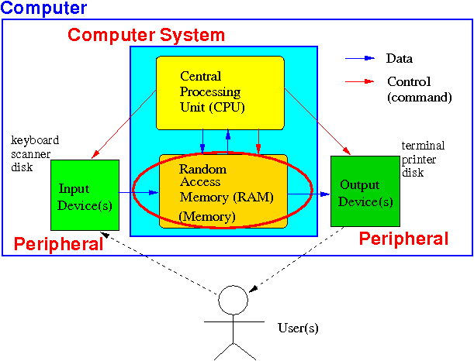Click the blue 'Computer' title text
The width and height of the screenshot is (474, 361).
click(x=44, y=9)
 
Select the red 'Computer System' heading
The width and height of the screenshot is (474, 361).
click(x=147, y=35)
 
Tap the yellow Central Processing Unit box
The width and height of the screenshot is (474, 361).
click(x=220, y=93)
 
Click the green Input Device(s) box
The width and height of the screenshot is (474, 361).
click(x=85, y=195)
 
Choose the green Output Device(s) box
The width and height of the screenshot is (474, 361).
click(x=365, y=191)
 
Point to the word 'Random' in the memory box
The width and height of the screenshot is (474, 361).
click(x=202, y=169)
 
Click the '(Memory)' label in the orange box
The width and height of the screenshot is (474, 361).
click(x=207, y=216)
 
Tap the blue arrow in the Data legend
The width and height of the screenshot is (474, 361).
click(x=360, y=58)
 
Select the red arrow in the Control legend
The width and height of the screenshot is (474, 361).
click(x=360, y=81)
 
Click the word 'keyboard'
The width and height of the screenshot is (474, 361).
click(x=35, y=140)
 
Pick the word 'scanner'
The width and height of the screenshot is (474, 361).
click(x=30, y=154)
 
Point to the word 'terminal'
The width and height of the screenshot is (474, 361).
click(x=423, y=146)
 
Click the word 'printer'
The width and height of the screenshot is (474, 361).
click(x=419, y=160)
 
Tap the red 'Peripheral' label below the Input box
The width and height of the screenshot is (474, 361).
click(x=59, y=244)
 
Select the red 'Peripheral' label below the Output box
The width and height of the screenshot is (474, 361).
click(x=403, y=239)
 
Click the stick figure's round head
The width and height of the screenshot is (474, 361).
click(x=233, y=300)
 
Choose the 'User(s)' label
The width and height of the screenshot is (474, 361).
click(x=298, y=328)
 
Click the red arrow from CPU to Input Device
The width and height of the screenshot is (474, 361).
click(x=123, y=124)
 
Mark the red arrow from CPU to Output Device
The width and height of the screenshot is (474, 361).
click(x=317, y=122)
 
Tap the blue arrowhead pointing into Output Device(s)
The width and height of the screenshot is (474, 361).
click(x=325, y=194)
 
